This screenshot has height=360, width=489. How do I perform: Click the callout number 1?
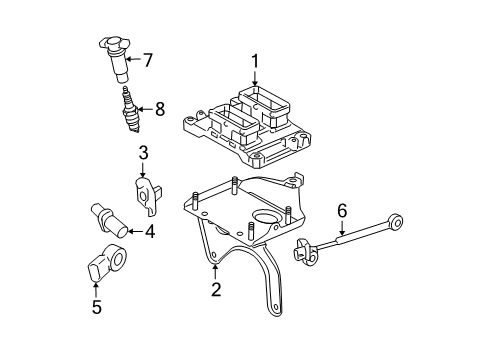pos(255,62)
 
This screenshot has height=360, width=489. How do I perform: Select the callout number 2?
pos(214,290)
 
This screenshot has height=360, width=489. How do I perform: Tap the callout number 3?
pos(143,152)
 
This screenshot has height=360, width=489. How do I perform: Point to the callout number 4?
pos(149,232)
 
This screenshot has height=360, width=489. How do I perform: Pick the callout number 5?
pos(97,307)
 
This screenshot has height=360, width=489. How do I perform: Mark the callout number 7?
pos(147,60)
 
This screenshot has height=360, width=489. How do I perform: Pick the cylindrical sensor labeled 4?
pos(106,219)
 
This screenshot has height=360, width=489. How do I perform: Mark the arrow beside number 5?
pos(97,285)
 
